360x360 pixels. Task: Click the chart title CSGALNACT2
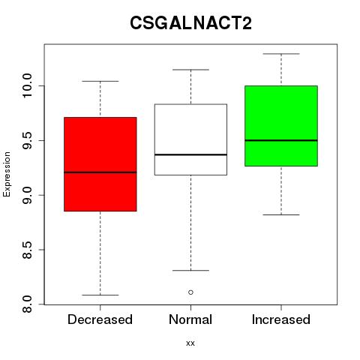tap(190, 23)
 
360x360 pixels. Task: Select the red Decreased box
tap(100, 164)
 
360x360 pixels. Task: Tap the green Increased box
tap(281, 126)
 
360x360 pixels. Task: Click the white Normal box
tap(190, 139)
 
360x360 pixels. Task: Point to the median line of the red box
tap(100, 172)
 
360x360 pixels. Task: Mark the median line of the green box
tap(281, 140)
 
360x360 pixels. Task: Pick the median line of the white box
tap(190, 154)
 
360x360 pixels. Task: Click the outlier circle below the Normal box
tap(190, 292)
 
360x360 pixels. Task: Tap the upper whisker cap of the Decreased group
tap(100, 81)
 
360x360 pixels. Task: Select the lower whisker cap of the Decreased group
tap(100, 295)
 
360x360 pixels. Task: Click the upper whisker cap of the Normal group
tap(190, 70)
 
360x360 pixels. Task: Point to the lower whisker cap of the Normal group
tap(190, 271)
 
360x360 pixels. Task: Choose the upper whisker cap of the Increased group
tap(281, 54)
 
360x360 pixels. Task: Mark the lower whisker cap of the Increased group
tap(281, 214)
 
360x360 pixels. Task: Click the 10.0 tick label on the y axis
tap(27, 85)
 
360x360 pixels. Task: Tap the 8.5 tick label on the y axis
tap(27, 250)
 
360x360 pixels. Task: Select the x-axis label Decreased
tap(100, 319)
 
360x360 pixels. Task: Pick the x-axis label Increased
tap(281, 319)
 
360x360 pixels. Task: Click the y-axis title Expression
tap(7, 174)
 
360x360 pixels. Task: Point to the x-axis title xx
tap(190, 343)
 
